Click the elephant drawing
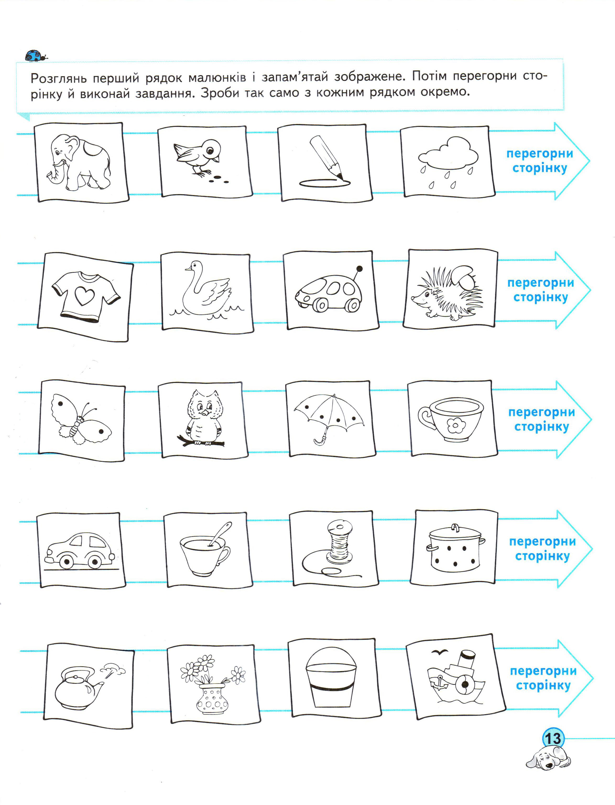[x=78, y=162]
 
